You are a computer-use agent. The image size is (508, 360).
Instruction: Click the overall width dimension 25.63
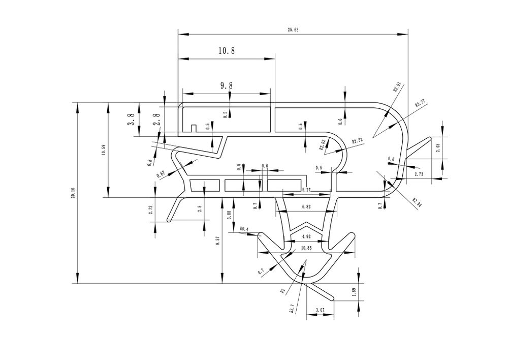(293, 30)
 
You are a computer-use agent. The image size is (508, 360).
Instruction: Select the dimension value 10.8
(227, 50)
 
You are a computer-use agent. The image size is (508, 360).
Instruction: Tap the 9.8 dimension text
(227, 86)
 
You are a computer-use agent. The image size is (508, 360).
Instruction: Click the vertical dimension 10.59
(104, 151)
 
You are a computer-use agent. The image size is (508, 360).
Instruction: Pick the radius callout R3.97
(398, 87)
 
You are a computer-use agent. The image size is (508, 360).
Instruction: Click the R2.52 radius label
(357, 141)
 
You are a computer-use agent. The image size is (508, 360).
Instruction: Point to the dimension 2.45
(438, 148)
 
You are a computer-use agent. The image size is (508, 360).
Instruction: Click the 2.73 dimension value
(420, 174)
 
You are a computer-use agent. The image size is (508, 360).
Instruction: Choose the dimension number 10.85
(306, 248)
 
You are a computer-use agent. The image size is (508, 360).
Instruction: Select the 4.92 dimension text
(306, 236)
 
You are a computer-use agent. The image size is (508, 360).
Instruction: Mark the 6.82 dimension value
(306, 207)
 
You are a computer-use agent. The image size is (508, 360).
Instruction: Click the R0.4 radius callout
(244, 229)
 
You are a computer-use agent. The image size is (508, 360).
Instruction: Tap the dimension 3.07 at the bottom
(320, 309)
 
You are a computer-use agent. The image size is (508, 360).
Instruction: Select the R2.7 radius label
(292, 310)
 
